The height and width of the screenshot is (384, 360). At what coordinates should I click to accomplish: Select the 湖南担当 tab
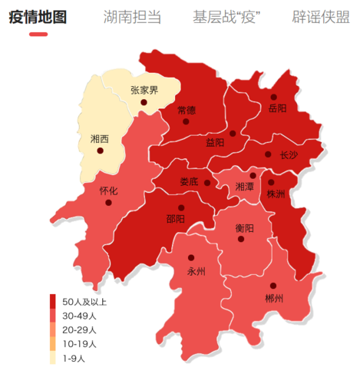135,17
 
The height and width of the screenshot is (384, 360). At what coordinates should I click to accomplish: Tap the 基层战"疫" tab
230,17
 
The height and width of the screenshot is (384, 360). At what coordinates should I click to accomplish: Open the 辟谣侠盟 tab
325,17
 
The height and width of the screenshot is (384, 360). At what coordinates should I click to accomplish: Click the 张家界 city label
144,91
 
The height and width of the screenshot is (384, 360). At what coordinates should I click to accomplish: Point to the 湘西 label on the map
99,139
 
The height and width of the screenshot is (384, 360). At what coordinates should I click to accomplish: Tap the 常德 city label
186,110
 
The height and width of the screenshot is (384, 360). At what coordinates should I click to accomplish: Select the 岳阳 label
277,108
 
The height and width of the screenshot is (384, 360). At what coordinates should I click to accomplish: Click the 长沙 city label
288,154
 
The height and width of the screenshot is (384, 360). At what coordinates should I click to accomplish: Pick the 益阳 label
215,143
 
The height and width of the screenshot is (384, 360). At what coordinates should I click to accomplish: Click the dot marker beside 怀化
109,204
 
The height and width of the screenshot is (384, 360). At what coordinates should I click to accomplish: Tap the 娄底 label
189,182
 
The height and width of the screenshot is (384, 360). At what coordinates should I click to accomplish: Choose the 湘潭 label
244,187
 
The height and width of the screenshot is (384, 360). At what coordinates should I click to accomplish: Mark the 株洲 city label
275,194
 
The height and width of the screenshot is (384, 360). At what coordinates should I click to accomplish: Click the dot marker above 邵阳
181,207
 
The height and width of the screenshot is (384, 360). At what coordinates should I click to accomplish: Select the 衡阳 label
244,227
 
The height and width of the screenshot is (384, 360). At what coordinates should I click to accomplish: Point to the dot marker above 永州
191,258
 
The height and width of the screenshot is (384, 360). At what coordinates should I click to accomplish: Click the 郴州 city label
273,298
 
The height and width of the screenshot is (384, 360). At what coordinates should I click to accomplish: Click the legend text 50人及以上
84,302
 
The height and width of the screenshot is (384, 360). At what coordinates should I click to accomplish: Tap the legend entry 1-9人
74,357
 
